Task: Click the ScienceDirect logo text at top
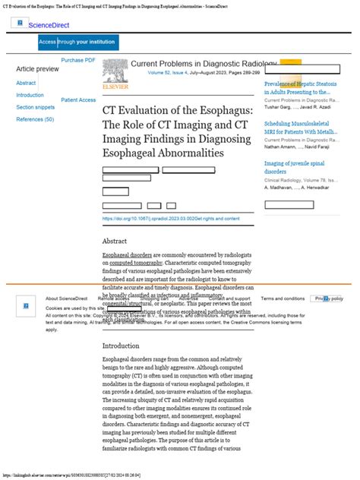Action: click(48, 25)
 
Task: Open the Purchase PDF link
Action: click(78, 60)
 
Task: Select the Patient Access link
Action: click(78, 99)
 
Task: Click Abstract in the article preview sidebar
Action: click(26, 83)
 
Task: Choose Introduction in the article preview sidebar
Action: click(30, 95)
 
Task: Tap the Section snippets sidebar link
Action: click(36, 107)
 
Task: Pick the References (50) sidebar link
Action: click(35, 119)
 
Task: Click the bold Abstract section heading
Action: click(115, 241)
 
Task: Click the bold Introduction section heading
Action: click(122, 346)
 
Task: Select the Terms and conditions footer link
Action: click(283, 298)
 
